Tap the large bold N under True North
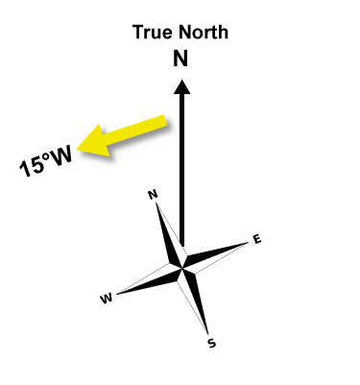[180, 60]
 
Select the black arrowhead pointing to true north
[182, 86]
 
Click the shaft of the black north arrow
[182, 170]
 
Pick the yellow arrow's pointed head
[93, 142]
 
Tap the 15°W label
[46, 162]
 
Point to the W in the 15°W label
[60, 157]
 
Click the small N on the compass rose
[154, 195]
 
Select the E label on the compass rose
[257, 239]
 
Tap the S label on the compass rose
[211, 344]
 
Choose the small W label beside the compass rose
[107, 299]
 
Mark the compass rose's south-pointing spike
[195, 302]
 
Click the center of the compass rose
[182, 268]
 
